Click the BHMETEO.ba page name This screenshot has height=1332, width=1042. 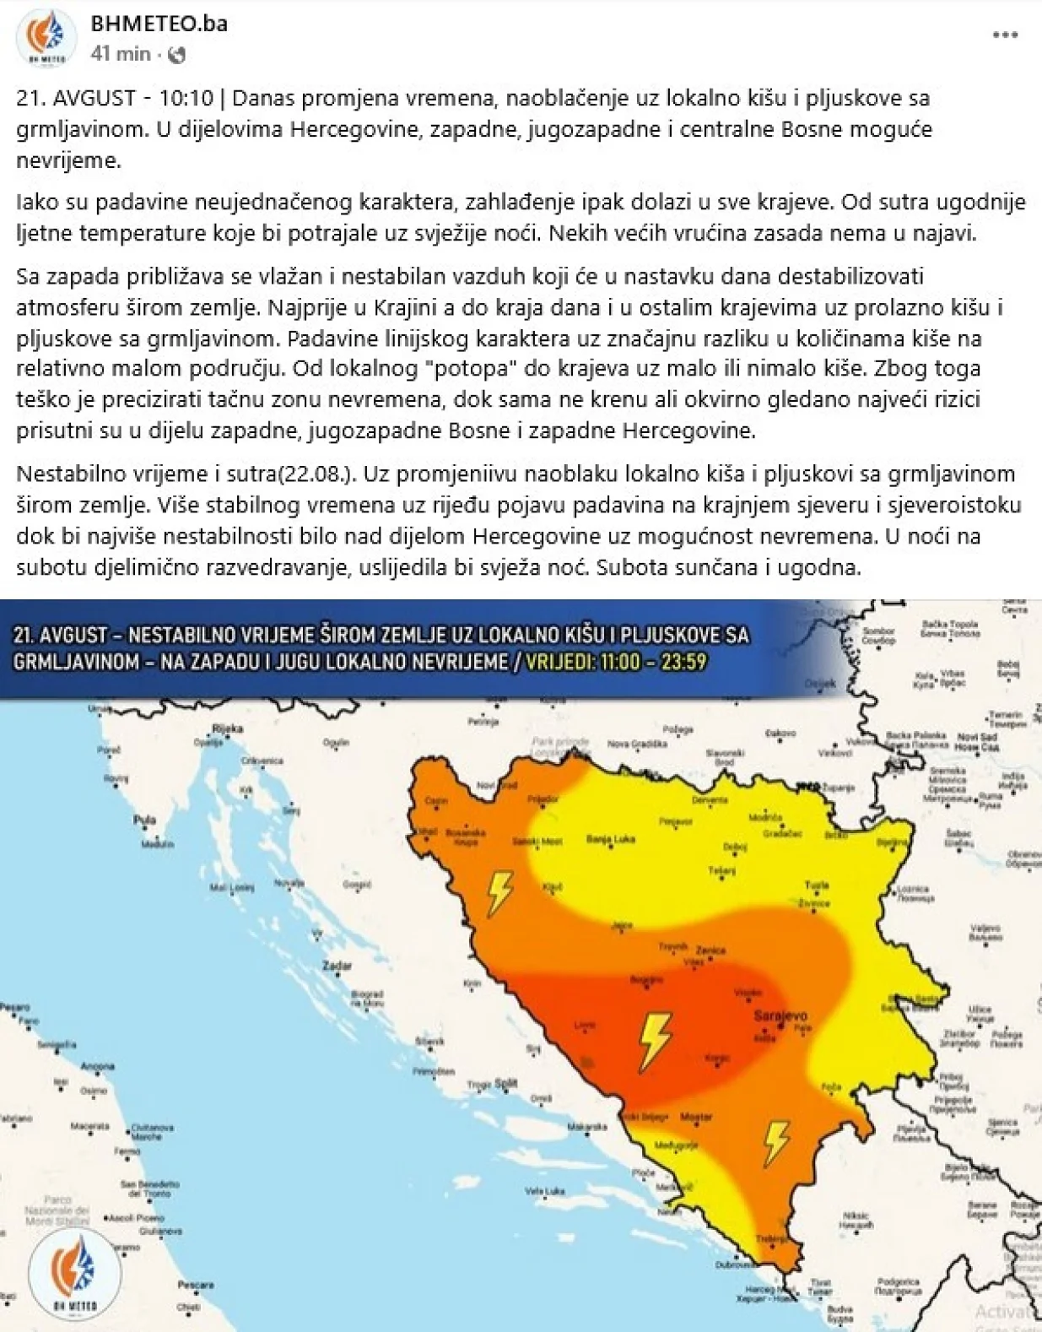(159, 23)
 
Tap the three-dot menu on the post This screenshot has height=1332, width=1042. (1005, 35)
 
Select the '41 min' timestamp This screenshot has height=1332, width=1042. (121, 53)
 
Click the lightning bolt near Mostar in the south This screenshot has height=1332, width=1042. (775, 1142)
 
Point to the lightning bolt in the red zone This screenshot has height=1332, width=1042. (655, 1041)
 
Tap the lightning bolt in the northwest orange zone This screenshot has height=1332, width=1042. (499, 893)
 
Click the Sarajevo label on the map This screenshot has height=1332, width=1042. (781, 1016)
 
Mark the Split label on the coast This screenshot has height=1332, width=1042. (505, 1083)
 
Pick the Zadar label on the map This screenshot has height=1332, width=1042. (343, 965)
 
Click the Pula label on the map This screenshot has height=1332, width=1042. (144, 820)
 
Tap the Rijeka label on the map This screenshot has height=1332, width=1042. (227, 728)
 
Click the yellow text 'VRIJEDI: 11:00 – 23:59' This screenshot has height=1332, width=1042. (615, 661)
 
